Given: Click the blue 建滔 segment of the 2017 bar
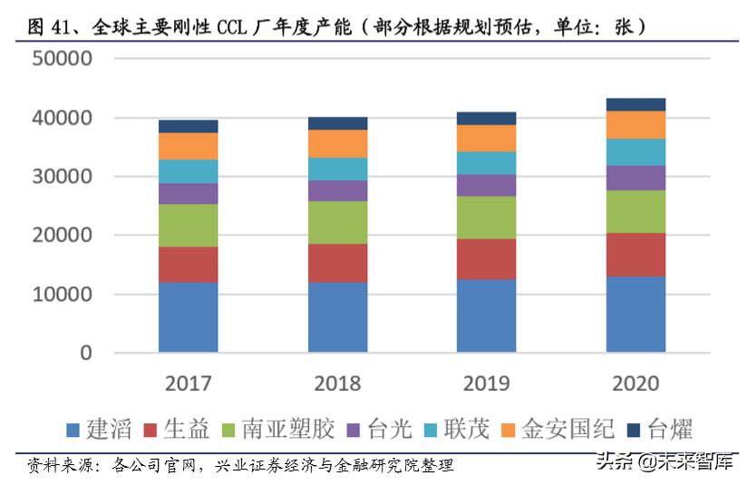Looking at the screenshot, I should tap(188, 316).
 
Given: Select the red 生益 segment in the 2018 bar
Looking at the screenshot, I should tap(337, 263).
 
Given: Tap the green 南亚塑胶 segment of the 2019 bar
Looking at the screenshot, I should tap(487, 218).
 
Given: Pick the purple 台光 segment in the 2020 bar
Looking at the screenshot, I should tap(635, 178).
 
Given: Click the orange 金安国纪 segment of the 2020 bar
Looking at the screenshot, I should tap(635, 124).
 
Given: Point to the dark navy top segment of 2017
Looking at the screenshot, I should tap(188, 126).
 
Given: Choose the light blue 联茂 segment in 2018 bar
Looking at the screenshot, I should tap(337, 169).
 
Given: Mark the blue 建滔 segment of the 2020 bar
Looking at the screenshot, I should tap(635, 314).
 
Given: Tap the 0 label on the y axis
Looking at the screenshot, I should tap(85, 353).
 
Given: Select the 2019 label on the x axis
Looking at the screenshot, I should tap(487, 383).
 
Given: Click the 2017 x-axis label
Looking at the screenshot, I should tap(189, 383).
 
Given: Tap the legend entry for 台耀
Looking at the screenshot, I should tap(665, 428).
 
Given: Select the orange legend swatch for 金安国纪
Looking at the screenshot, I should tap(503, 429).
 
